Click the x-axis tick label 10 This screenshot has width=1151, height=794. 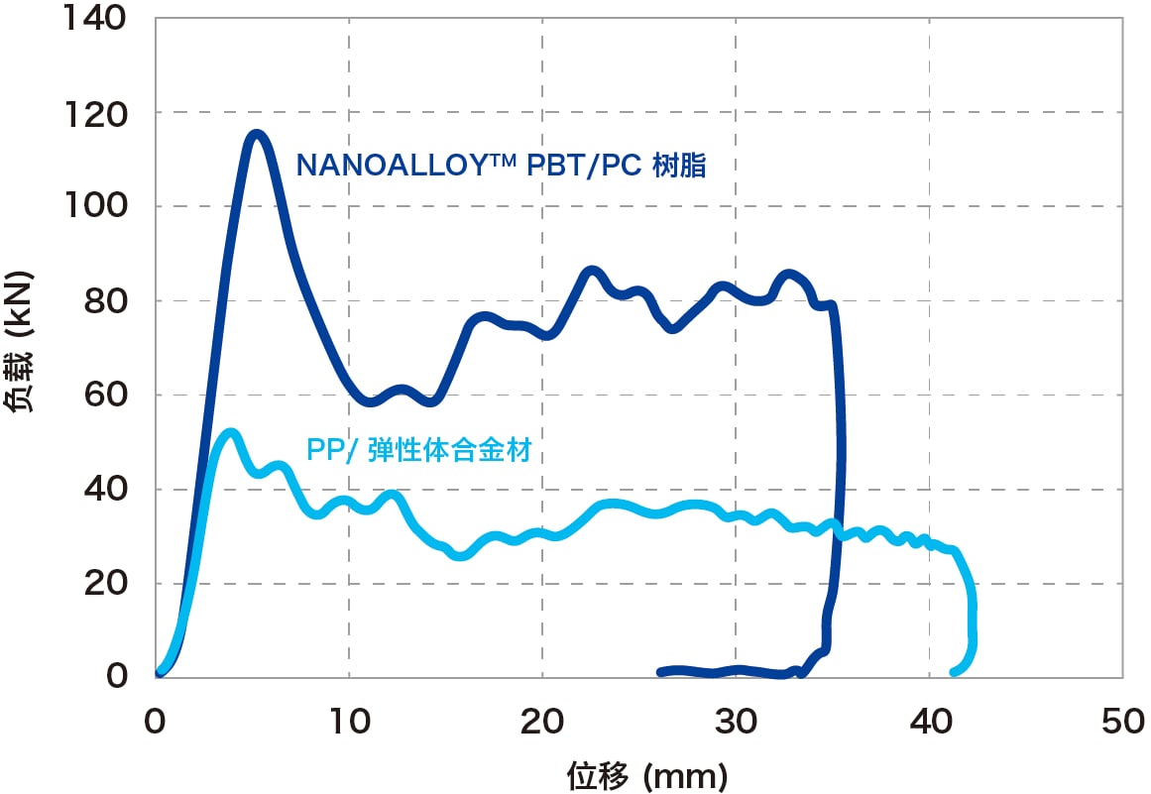coord(348,722)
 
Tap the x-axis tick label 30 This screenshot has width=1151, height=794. coord(736,722)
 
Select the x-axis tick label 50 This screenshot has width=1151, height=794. coord(1122,722)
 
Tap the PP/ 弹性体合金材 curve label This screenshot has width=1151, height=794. coord(418,451)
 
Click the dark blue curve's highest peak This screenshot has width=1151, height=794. coord(256,134)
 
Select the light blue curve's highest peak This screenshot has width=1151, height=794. coord(230,433)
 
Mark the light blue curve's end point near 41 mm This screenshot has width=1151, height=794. coord(955,672)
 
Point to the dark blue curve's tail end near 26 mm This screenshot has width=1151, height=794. coord(661,672)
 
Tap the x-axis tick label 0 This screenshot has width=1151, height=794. coord(156,722)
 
